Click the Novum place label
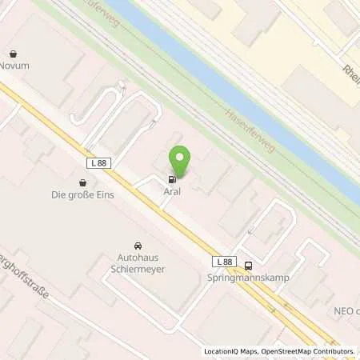(14, 66)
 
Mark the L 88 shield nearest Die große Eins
(97, 163)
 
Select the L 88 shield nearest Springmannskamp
(225, 262)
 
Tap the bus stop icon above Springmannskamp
(249, 266)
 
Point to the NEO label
(345, 311)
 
